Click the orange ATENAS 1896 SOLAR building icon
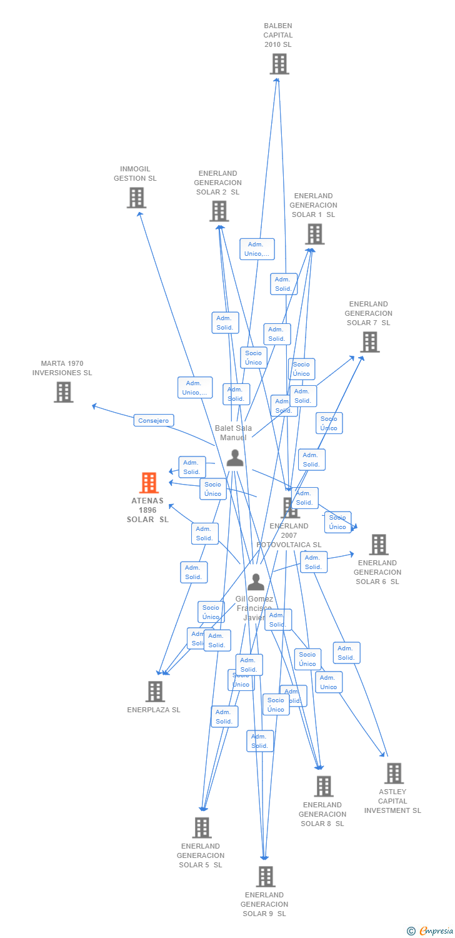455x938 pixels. click(x=149, y=483)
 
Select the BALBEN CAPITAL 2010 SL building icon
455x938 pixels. click(x=279, y=64)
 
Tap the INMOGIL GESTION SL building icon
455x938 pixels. click(x=136, y=198)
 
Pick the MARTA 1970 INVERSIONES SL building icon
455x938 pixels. click(x=63, y=392)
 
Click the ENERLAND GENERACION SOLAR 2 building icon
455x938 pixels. click(x=219, y=211)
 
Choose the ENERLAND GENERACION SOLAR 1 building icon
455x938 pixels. click(x=314, y=234)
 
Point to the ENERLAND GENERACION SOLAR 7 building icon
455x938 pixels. click(x=370, y=342)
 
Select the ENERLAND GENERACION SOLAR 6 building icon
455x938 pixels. click(x=378, y=545)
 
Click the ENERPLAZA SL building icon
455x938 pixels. click(x=155, y=692)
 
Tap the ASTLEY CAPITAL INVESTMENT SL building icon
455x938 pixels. click(x=394, y=774)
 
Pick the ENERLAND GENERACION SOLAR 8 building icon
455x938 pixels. click(x=323, y=787)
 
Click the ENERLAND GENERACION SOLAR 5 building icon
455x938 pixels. click(x=201, y=828)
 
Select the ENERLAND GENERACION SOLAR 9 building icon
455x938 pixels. click(x=265, y=877)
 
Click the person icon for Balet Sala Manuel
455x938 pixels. click(x=235, y=458)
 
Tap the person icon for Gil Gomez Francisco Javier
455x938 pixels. click(x=256, y=582)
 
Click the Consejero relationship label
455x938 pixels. click(x=154, y=421)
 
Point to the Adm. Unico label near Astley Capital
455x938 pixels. click(x=329, y=682)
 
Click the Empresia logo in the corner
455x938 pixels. click(x=430, y=931)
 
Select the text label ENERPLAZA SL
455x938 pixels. click(x=154, y=710)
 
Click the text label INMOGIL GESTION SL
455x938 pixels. click(x=135, y=174)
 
